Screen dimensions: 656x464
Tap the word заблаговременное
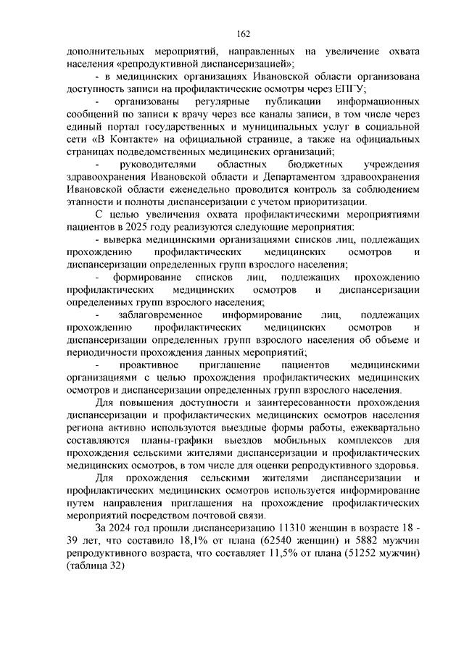pyautogui.click(x=152, y=315)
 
